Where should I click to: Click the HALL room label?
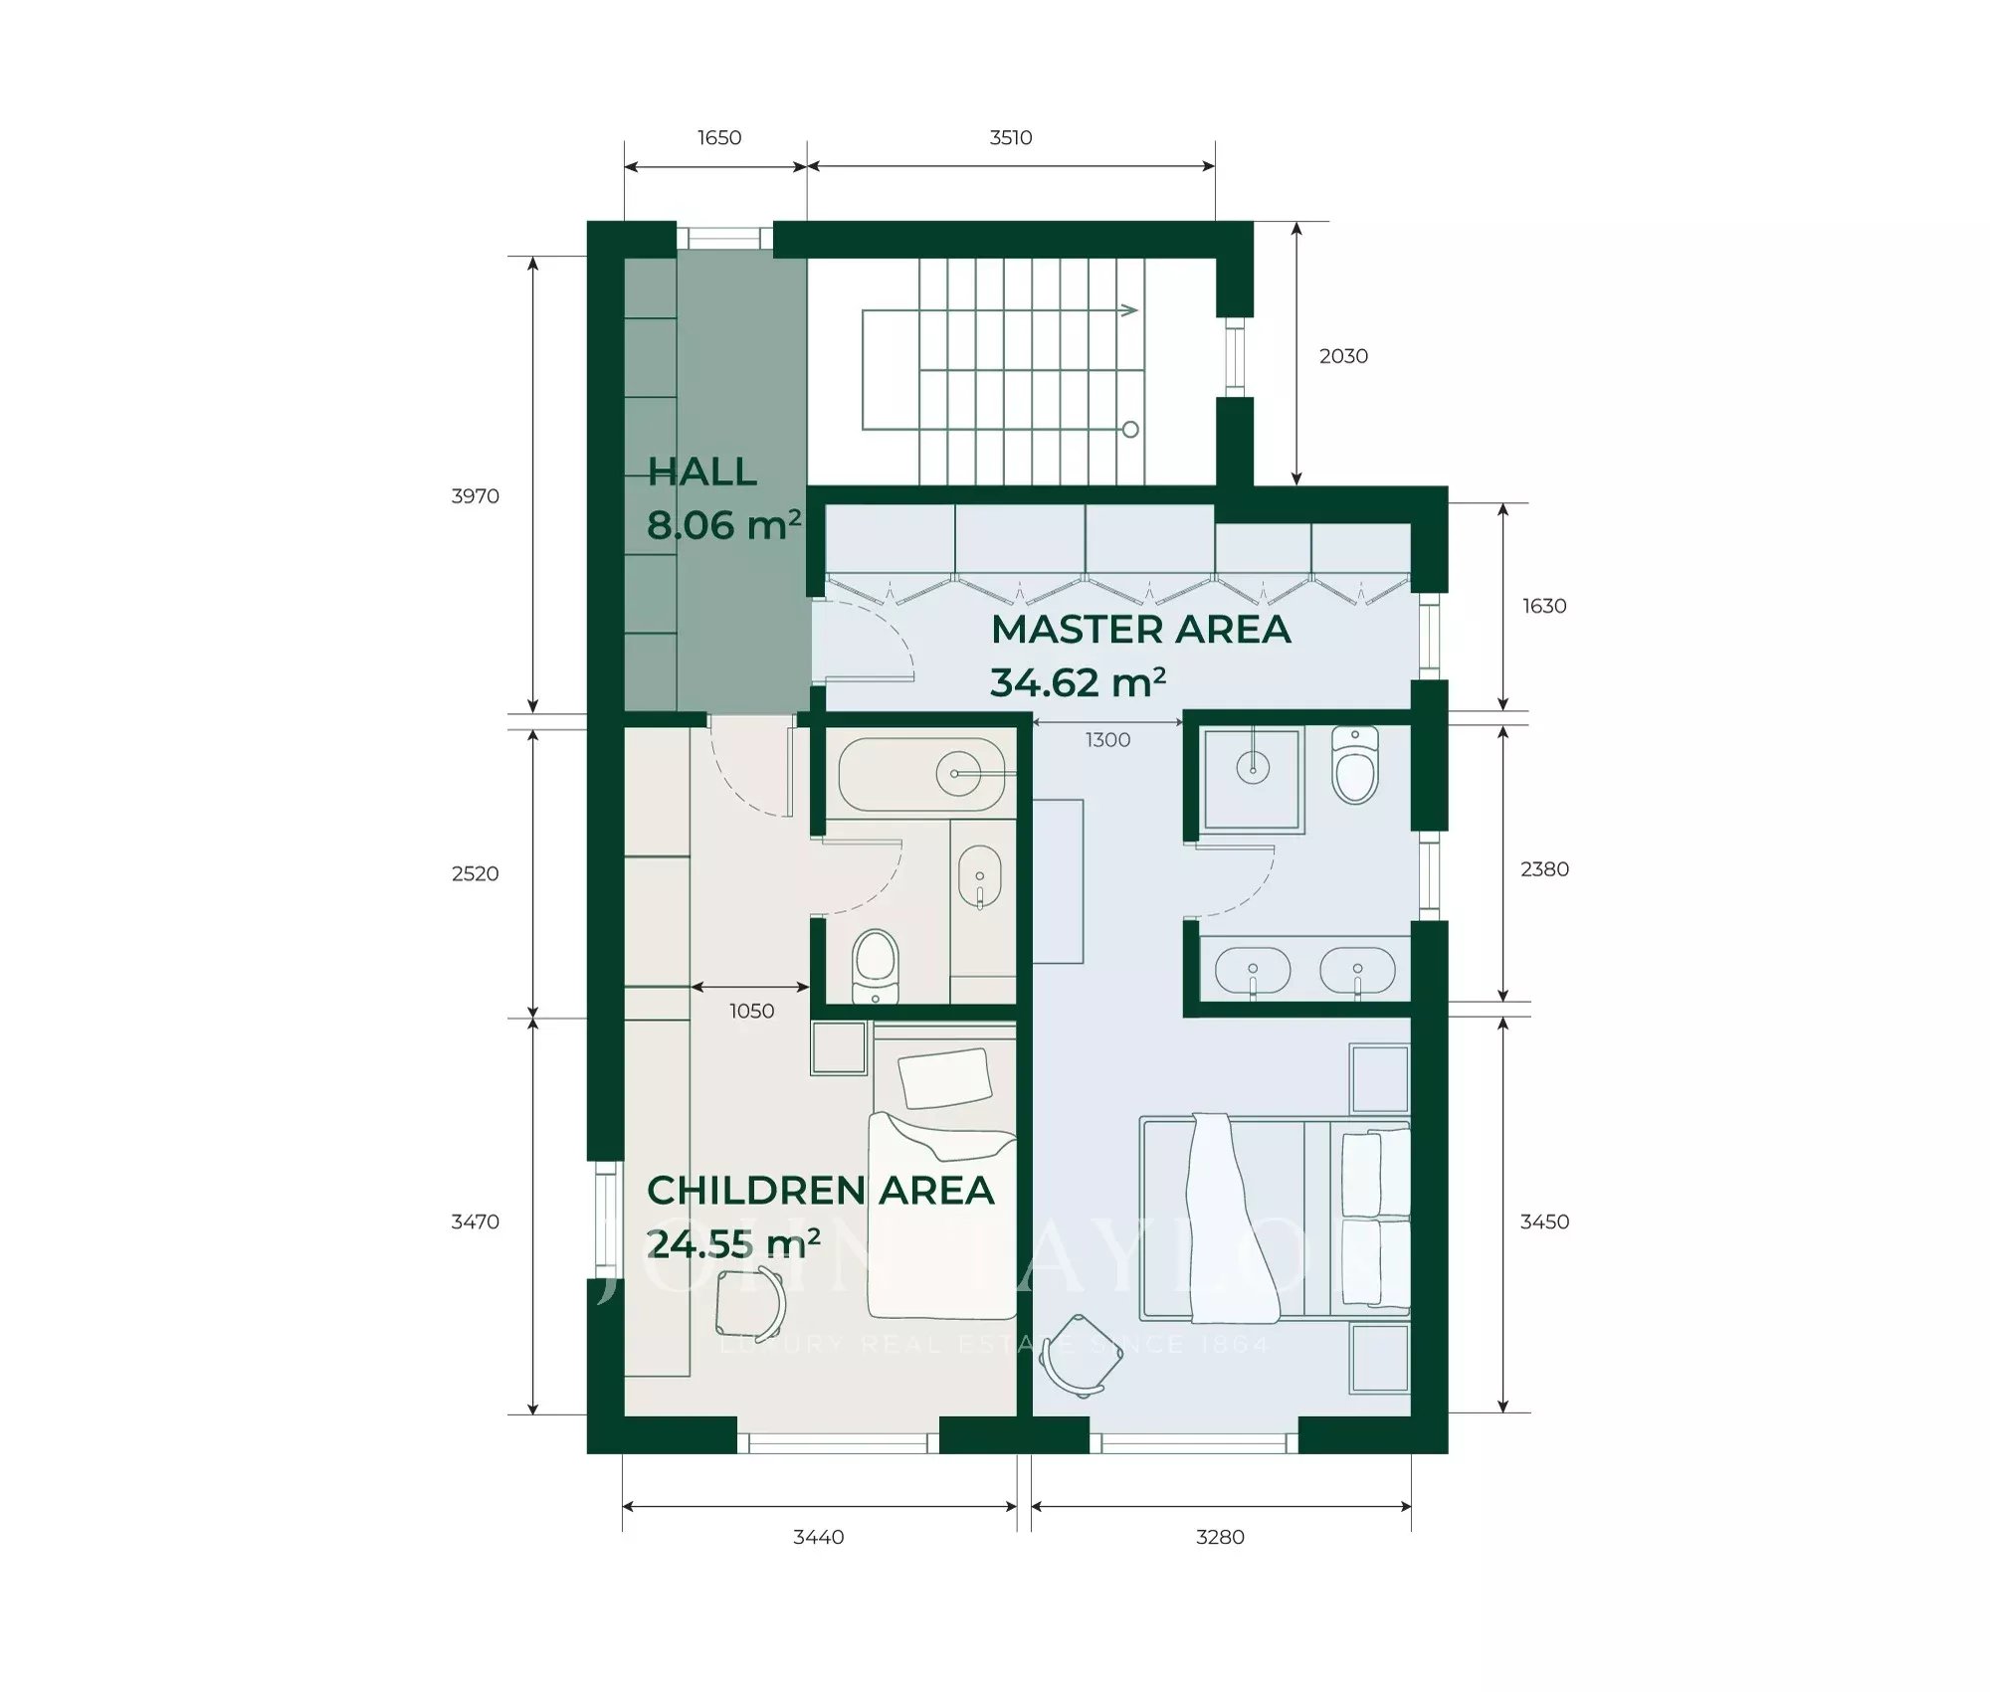coord(702,472)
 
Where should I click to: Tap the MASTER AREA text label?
coord(1140,630)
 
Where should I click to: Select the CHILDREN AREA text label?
coord(820,1191)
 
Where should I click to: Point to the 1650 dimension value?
coord(718,137)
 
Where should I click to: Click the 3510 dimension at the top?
coord(1010,137)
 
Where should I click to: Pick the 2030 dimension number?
coord(1343,356)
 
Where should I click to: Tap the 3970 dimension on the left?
coord(475,496)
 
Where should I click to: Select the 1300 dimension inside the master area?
coord(1107,740)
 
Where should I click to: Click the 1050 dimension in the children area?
coord(751,1012)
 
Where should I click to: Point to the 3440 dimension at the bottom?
coord(818,1537)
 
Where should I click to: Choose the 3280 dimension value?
coord(1220,1537)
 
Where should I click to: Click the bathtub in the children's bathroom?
coord(921,775)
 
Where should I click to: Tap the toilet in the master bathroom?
coord(1354,766)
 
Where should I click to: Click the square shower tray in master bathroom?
coord(1252,779)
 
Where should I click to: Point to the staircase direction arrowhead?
coord(1129,310)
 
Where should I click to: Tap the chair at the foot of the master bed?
coord(1081,1357)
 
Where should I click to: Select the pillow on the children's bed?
coord(944,1077)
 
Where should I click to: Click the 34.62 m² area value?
coord(1077,683)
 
